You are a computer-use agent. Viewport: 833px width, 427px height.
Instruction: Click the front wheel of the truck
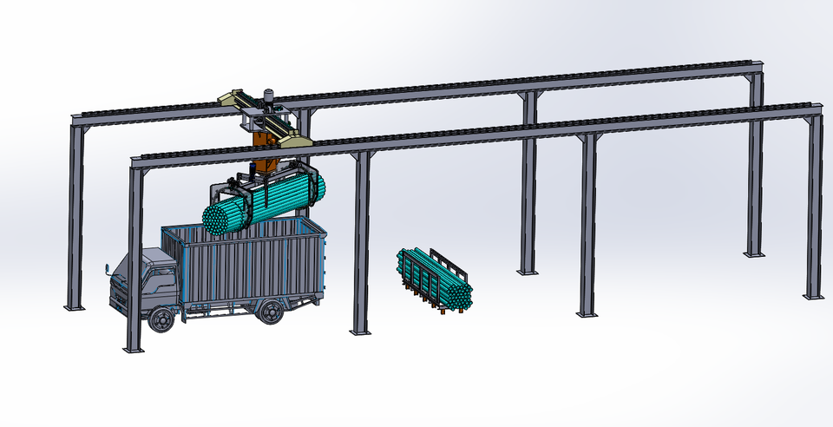(160, 319)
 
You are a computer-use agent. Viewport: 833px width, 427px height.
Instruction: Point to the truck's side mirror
(109, 271)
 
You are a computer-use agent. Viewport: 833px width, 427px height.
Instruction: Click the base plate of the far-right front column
(813, 296)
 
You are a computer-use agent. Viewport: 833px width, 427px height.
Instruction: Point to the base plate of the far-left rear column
(75, 306)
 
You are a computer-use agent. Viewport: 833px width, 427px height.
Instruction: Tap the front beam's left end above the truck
(135, 161)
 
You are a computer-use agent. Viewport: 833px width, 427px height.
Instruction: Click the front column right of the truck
(361, 243)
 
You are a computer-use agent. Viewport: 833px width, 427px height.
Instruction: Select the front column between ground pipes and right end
(588, 226)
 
